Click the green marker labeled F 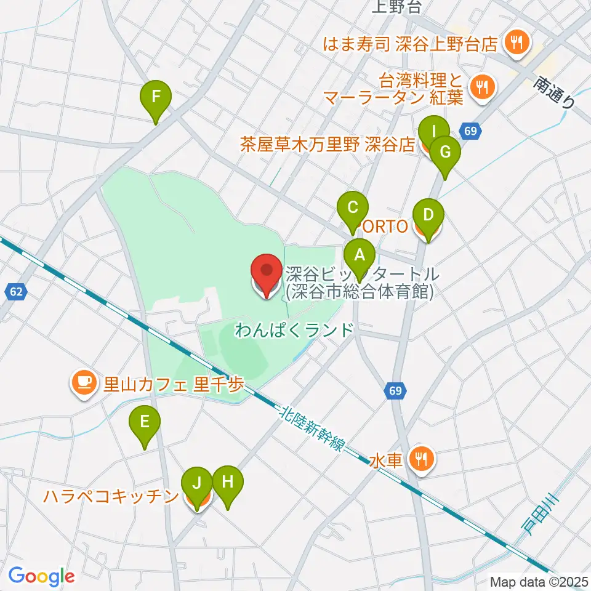(156, 97)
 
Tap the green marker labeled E (144, 422)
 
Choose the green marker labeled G (445, 152)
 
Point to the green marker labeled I (433, 132)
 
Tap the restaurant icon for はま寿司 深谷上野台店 (513, 42)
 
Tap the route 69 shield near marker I (470, 131)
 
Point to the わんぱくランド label (295, 330)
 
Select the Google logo (41, 576)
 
